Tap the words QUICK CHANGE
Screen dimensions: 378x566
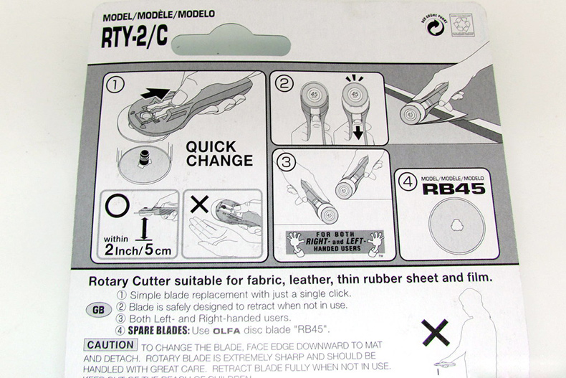(219, 153)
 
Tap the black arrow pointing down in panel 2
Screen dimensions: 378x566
(357, 133)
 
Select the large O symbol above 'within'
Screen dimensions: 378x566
(115, 206)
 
